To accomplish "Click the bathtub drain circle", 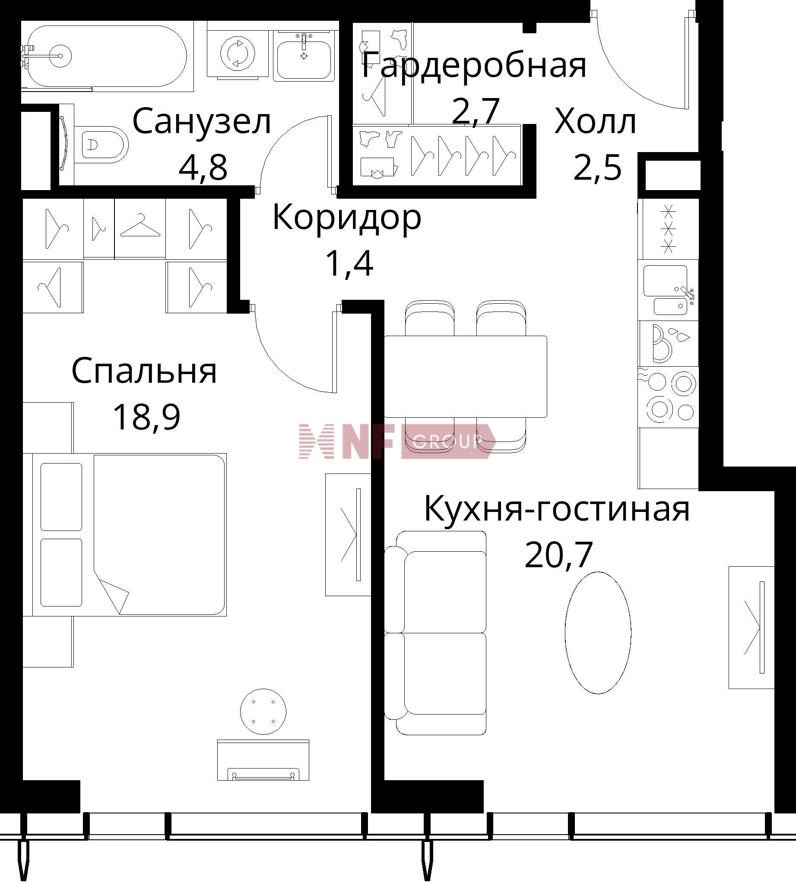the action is coord(59,56).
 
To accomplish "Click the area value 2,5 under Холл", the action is coord(597,168).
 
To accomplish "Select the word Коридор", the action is coord(347,218).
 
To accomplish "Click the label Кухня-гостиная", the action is coord(557,509).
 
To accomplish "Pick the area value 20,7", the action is coord(558,555).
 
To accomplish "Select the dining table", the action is coord(465,377).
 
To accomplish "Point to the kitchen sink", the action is coord(668,290).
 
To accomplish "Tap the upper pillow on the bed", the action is coord(61,497).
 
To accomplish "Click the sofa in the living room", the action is coord(435,633).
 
